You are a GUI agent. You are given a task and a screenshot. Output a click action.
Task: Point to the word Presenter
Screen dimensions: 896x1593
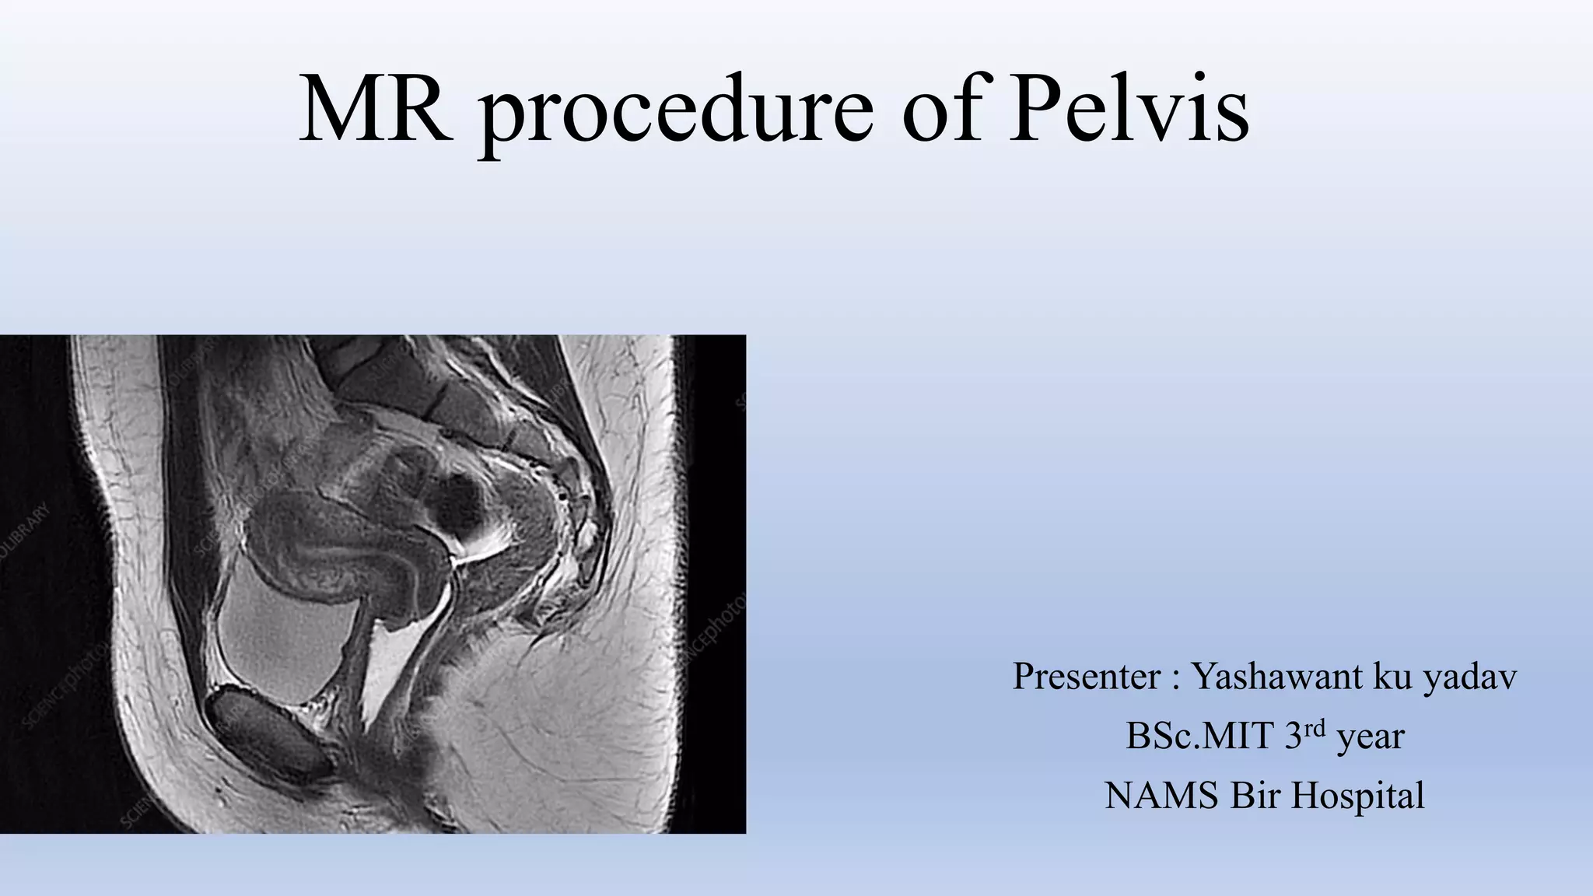[1087, 677]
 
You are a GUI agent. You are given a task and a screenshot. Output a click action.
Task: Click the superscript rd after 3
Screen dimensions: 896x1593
[1315, 729]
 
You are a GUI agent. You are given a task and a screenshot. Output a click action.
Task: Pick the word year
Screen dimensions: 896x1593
[1370, 737]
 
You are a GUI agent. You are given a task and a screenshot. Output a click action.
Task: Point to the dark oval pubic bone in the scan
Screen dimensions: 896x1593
[268, 731]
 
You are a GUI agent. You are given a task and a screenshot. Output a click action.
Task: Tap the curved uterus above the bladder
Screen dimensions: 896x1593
[334, 537]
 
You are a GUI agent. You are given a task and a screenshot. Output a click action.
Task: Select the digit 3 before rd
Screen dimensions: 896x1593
[1293, 736]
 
